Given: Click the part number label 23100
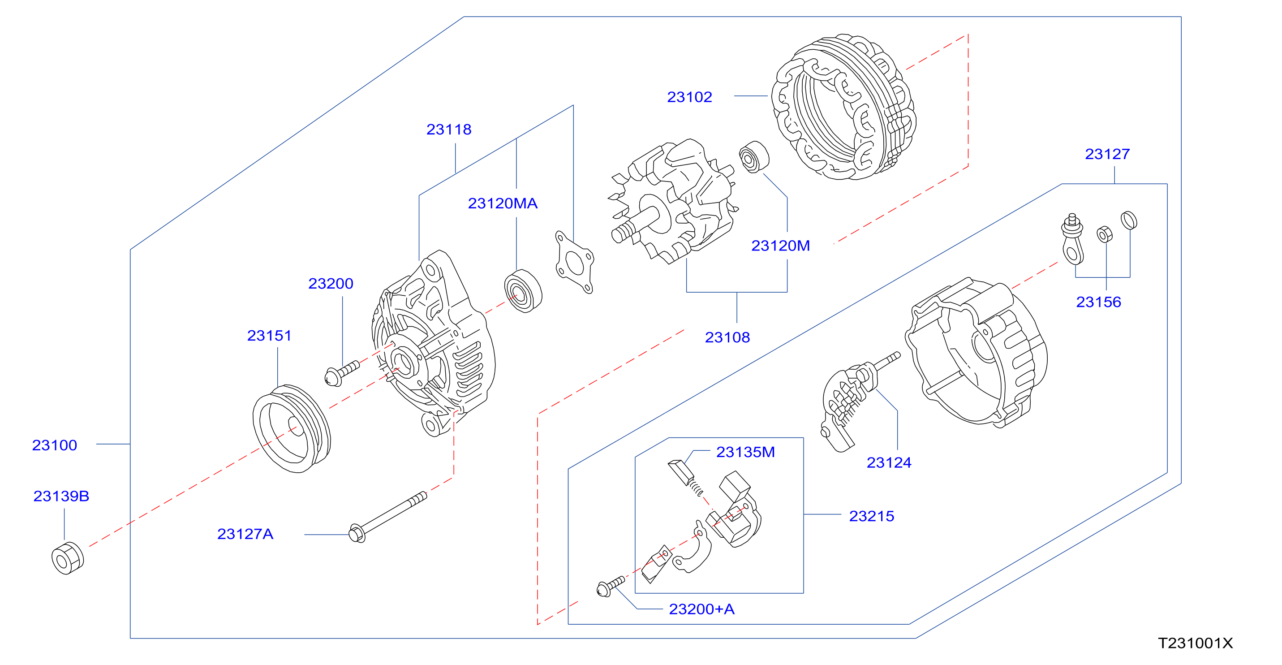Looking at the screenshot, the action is [x=55, y=445].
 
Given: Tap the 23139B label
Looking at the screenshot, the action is [x=61, y=496].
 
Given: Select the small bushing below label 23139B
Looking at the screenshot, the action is [x=68, y=558].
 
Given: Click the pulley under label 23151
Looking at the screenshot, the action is [x=292, y=428].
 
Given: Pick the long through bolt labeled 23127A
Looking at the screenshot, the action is [x=388, y=517].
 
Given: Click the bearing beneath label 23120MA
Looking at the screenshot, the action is [x=523, y=291].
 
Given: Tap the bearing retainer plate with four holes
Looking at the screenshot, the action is [x=575, y=262].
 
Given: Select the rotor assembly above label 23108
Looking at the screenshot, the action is [x=673, y=202].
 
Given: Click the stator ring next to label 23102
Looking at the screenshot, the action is [x=844, y=107].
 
